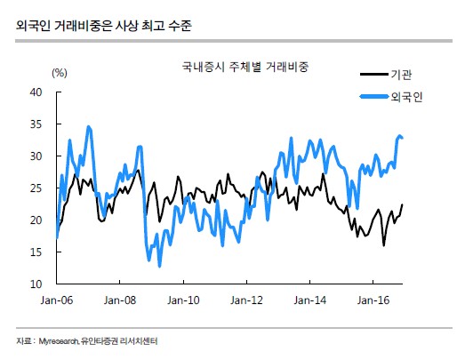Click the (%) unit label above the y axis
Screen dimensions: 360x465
coord(60,72)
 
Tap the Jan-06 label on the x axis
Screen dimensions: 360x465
coord(57,301)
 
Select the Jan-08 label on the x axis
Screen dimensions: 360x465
coord(119,301)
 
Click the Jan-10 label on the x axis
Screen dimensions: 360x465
coord(182,301)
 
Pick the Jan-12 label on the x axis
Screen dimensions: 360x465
coord(245,301)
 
